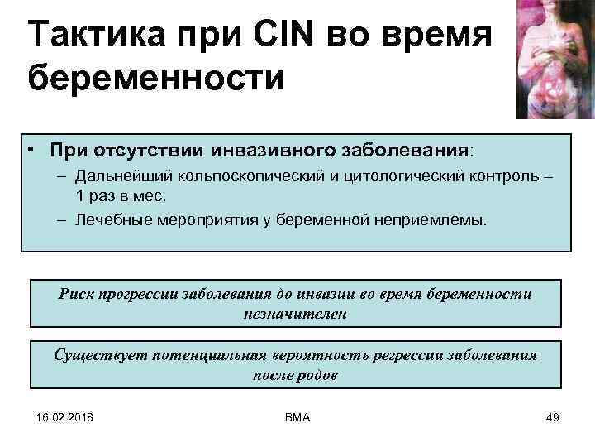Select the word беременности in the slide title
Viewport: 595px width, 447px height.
click(155, 81)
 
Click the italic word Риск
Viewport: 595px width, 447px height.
click(78, 294)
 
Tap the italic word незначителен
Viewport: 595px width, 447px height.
click(295, 314)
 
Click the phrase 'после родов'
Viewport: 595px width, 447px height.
click(295, 374)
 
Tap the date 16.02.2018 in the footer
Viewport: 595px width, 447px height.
click(64, 417)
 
